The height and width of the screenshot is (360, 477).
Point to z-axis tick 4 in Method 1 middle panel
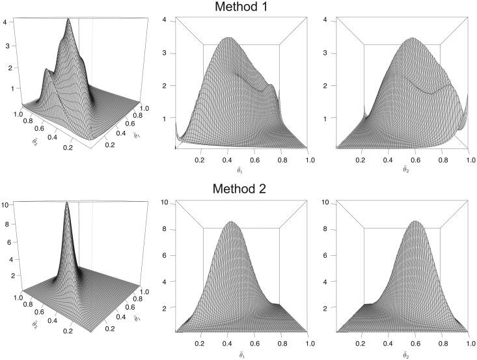166,20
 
